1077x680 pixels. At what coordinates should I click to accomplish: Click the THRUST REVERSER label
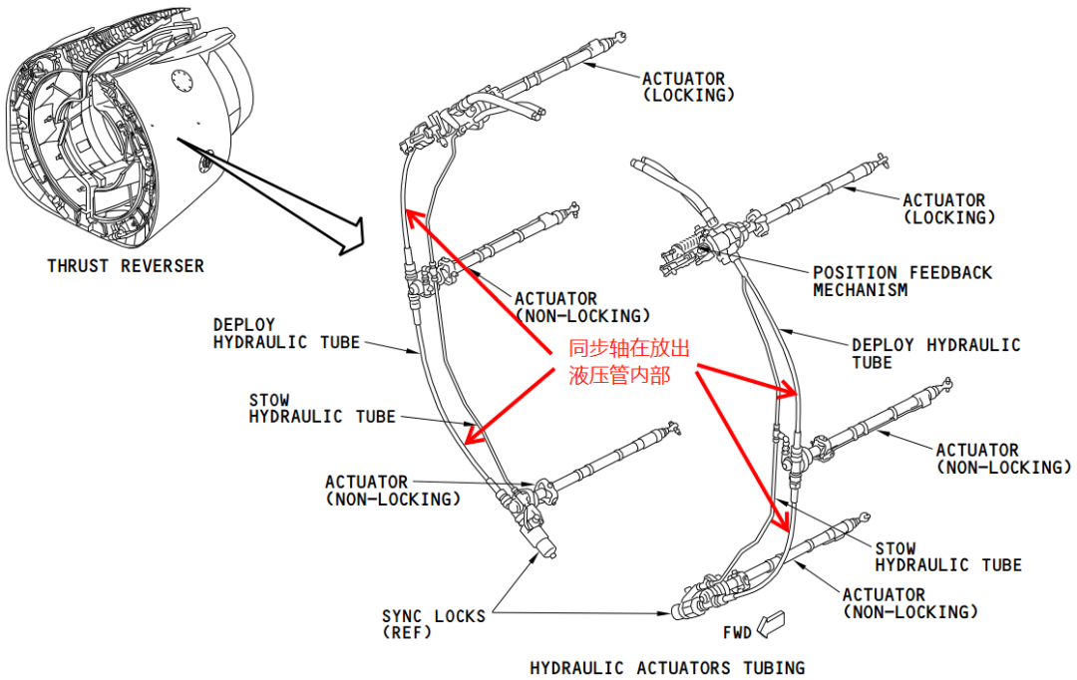pyautogui.click(x=126, y=266)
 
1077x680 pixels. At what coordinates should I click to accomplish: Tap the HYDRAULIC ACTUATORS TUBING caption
pyautogui.click(x=666, y=667)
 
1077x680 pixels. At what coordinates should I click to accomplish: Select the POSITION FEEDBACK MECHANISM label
pyautogui.click(x=901, y=281)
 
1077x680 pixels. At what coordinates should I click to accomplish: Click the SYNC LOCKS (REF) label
pyautogui.click(x=433, y=624)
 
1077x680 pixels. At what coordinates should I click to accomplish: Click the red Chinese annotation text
pyautogui.click(x=628, y=362)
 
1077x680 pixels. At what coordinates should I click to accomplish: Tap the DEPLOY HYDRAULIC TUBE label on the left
pyautogui.click(x=286, y=334)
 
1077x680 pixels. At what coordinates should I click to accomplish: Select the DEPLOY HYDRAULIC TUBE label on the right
pyautogui.click(x=935, y=353)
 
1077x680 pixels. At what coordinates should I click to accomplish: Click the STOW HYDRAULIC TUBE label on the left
pyautogui.click(x=321, y=409)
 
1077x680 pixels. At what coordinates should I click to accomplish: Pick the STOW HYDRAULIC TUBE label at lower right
pyautogui.click(x=947, y=556)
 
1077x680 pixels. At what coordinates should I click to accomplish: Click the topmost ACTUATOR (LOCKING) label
pyautogui.click(x=688, y=87)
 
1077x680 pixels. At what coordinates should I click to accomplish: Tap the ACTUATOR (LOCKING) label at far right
pyautogui.click(x=948, y=208)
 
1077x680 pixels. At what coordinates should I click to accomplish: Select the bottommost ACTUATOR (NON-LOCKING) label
pyautogui.click(x=909, y=603)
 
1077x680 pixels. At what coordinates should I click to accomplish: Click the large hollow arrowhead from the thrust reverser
pyautogui.click(x=350, y=235)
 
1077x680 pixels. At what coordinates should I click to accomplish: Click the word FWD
pyautogui.click(x=737, y=633)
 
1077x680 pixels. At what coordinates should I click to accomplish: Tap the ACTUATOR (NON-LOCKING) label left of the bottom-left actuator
pyautogui.click(x=393, y=491)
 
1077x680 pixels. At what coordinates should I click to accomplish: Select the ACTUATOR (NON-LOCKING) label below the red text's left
pyautogui.click(x=581, y=307)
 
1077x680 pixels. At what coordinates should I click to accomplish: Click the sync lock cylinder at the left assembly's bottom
pyautogui.click(x=543, y=546)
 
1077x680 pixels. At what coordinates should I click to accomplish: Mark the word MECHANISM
pyautogui.click(x=860, y=290)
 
